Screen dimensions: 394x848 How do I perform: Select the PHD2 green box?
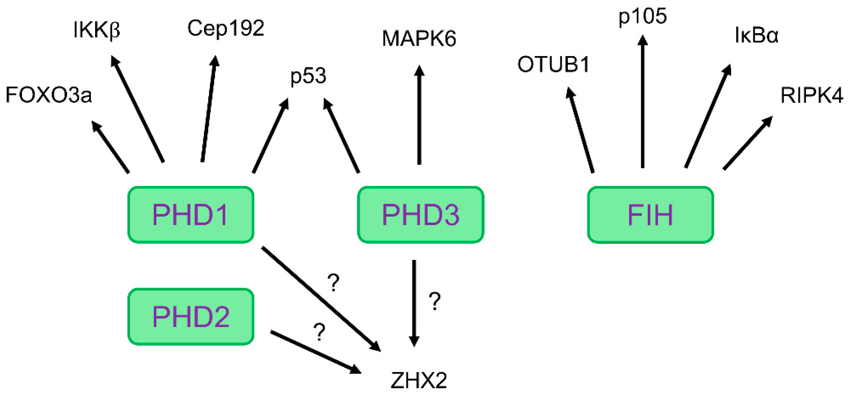coord(191,317)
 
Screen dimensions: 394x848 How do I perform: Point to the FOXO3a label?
coord(49,95)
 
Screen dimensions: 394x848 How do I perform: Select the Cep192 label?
coord(226,28)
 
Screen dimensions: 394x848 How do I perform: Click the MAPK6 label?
coord(419,39)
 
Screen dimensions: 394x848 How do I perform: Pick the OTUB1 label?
coord(553,64)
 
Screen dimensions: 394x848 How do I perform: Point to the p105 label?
coord(642,17)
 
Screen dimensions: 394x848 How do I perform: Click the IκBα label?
coord(757,36)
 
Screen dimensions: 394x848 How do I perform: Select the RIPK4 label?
coord(812,96)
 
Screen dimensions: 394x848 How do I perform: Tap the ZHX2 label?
coord(419,381)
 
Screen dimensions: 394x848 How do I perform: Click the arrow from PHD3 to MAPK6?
coord(419,115)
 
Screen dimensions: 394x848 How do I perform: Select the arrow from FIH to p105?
coord(642,102)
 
